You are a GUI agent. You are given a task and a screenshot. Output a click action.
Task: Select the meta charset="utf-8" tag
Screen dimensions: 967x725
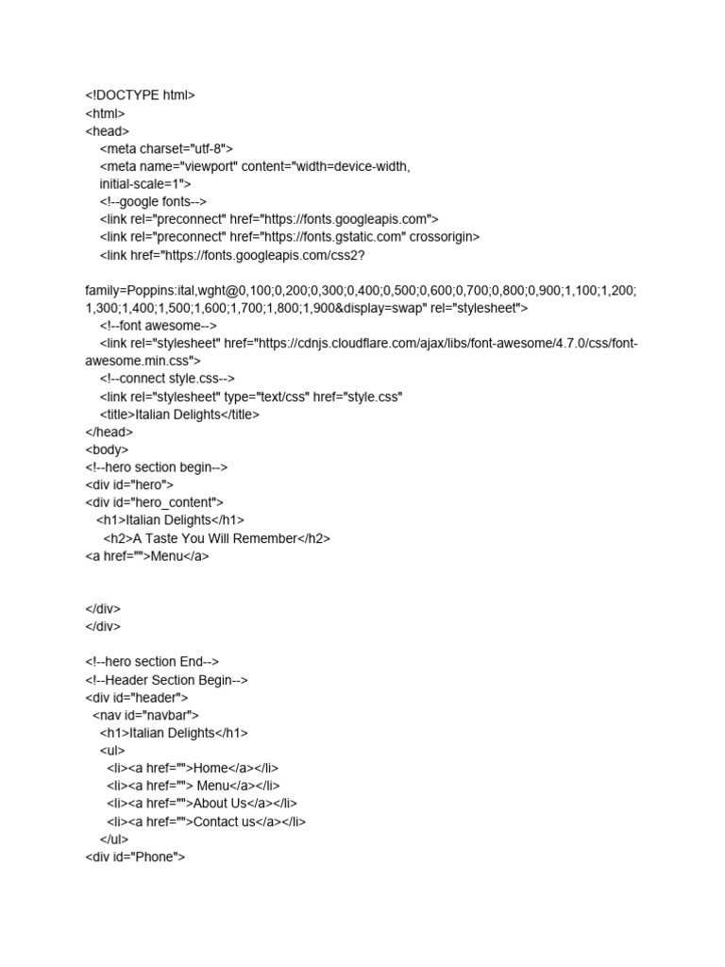[x=166, y=148]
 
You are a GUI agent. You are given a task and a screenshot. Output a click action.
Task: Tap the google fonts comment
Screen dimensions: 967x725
[x=153, y=201]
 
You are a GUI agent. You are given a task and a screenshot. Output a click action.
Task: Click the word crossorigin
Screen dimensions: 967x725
[x=446, y=237]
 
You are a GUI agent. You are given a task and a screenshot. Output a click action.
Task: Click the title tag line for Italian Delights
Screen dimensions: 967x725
[x=179, y=415]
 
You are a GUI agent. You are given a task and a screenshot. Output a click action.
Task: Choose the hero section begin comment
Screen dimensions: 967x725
[x=157, y=467]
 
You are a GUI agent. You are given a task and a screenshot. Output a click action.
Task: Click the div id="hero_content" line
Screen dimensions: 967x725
[x=155, y=502]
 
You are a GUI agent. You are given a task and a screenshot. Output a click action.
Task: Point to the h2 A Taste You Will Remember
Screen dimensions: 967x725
[x=216, y=538]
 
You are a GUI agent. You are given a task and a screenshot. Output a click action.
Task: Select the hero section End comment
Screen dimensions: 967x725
[x=152, y=662]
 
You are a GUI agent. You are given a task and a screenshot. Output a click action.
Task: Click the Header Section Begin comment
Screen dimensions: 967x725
[x=167, y=680]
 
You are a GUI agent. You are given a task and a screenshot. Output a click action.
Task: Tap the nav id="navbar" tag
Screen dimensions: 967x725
[x=146, y=715]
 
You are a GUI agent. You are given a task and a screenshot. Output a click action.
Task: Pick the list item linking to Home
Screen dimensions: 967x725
[x=193, y=769]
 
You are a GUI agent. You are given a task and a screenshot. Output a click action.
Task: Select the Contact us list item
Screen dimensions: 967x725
[x=206, y=822]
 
